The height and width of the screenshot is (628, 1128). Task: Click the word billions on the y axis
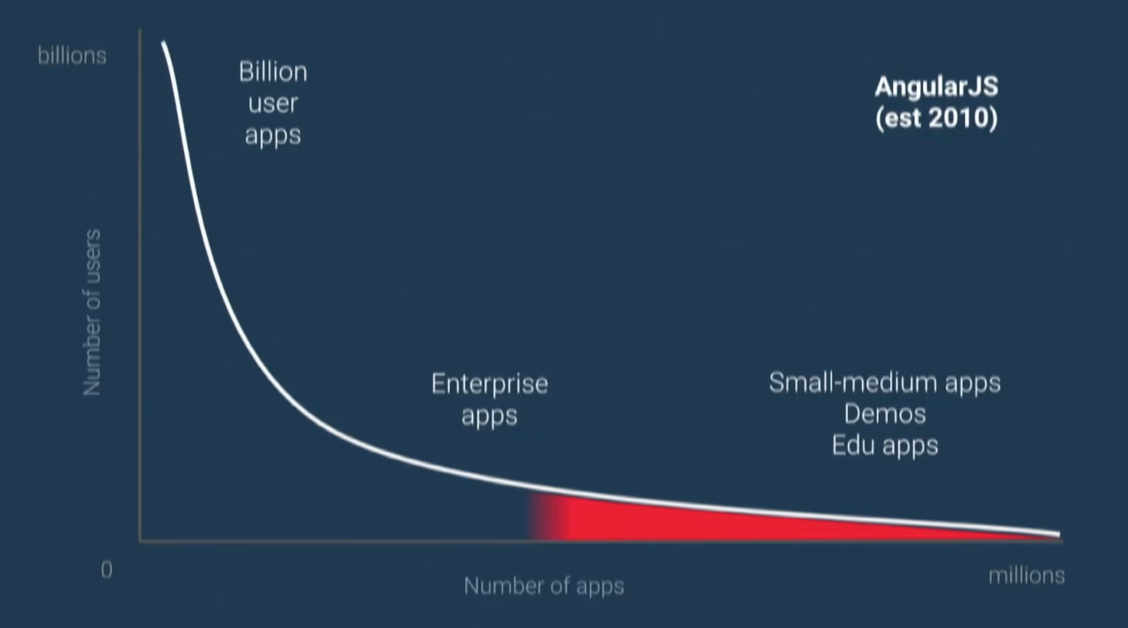[x=72, y=56]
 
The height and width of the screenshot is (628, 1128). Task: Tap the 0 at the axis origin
[x=107, y=570]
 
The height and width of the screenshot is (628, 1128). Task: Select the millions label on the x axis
[x=1026, y=575]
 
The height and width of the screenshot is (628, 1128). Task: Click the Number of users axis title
[x=92, y=312]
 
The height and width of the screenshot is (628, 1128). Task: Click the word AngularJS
[x=937, y=87]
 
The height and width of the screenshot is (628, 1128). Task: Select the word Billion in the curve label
[x=273, y=72]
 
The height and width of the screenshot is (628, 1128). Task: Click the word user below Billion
[x=273, y=104]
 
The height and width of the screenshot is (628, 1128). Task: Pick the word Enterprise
[x=490, y=384]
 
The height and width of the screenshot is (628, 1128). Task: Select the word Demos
[x=885, y=414]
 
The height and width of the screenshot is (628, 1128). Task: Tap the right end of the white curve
[x=1059, y=535]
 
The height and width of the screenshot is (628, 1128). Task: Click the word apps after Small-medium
[x=972, y=384]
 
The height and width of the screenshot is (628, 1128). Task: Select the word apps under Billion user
[x=273, y=136]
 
